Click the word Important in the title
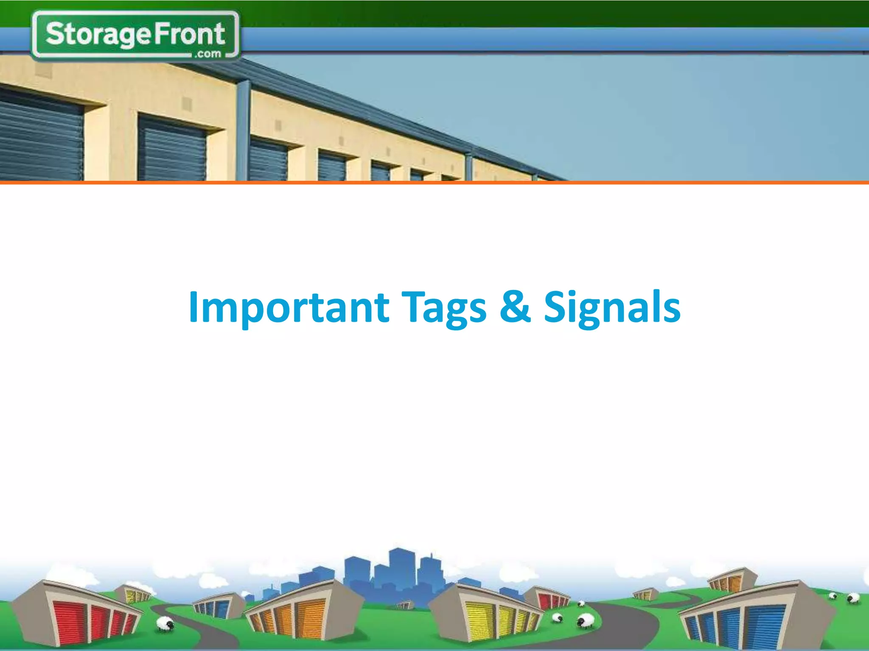pyautogui.click(x=289, y=307)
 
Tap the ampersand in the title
pyautogui.click(x=515, y=306)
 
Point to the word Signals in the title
pyautogui.click(x=612, y=307)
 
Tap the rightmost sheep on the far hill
pyautogui.click(x=853, y=598)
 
